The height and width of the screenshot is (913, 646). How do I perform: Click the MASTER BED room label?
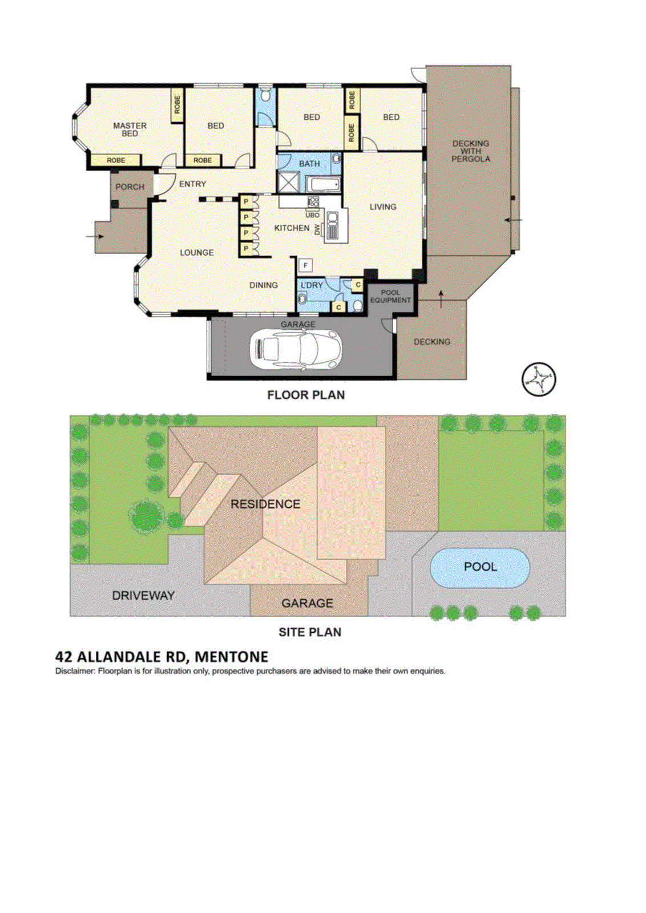pyautogui.click(x=130, y=129)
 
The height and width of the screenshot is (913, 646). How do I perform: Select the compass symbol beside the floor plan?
pyautogui.click(x=539, y=379)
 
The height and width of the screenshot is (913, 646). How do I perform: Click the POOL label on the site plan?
pyautogui.click(x=480, y=567)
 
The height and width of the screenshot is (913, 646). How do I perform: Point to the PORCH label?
pyautogui.click(x=130, y=187)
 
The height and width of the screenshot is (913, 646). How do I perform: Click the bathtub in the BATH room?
pyautogui.click(x=324, y=184)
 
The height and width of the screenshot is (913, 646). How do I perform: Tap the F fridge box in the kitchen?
pyautogui.click(x=306, y=265)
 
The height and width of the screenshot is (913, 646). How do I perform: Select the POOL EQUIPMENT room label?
pyautogui.click(x=390, y=296)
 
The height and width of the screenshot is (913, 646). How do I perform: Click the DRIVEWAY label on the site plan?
pyautogui.click(x=143, y=595)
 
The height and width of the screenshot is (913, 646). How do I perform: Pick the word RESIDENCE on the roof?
pyautogui.click(x=265, y=504)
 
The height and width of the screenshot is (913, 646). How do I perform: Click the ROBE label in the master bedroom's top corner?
pyautogui.click(x=177, y=104)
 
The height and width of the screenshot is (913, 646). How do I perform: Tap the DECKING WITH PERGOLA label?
pyautogui.click(x=470, y=151)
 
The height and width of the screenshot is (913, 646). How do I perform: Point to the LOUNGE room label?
pyautogui.click(x=196, y=252)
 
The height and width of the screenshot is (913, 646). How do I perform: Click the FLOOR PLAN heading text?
pyautogui.click(x=306, y=395)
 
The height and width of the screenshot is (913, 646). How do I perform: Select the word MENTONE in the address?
pyautogui.click(x=231, y=657)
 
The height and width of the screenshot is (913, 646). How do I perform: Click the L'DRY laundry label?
pyautogui.click(x=312, y=285)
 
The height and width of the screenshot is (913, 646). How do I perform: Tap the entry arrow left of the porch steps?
pyautogui.click(x=94, y=236)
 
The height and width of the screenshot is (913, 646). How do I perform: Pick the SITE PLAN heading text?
pyautogui.click(x=309, y=632)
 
